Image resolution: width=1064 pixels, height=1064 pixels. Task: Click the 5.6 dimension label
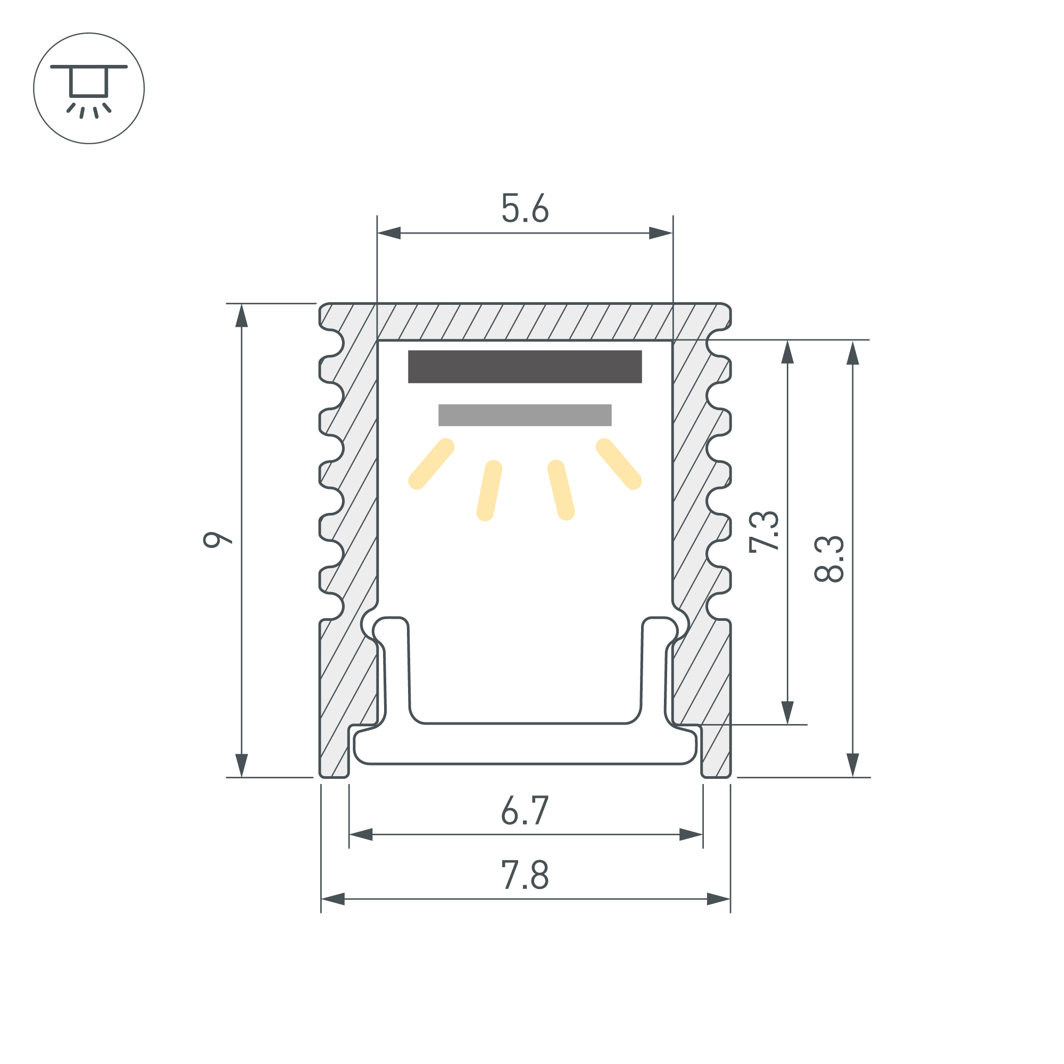pos(525,208)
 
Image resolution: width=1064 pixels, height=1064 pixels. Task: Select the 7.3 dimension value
pos(764,532)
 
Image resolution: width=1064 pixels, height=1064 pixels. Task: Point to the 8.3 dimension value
pos(829,559)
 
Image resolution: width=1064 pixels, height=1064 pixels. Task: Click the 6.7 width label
pos(525,810)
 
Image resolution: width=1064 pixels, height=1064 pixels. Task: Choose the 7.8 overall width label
pos(525,875)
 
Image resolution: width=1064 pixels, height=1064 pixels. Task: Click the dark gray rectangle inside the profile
pos(525,367)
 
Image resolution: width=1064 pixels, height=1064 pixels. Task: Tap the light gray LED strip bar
pos(525,415)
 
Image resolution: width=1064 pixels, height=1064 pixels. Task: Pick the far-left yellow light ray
pos(431,464)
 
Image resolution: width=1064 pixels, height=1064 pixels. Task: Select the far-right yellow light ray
pos(619,464)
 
